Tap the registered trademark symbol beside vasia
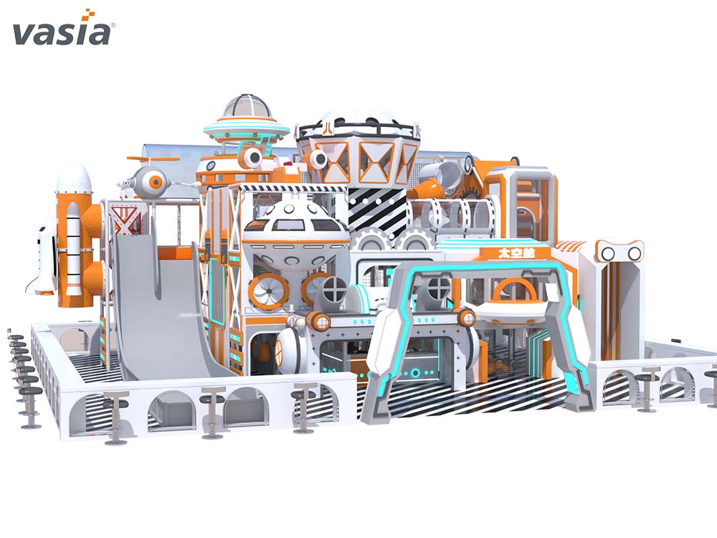[x=113, y=26]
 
